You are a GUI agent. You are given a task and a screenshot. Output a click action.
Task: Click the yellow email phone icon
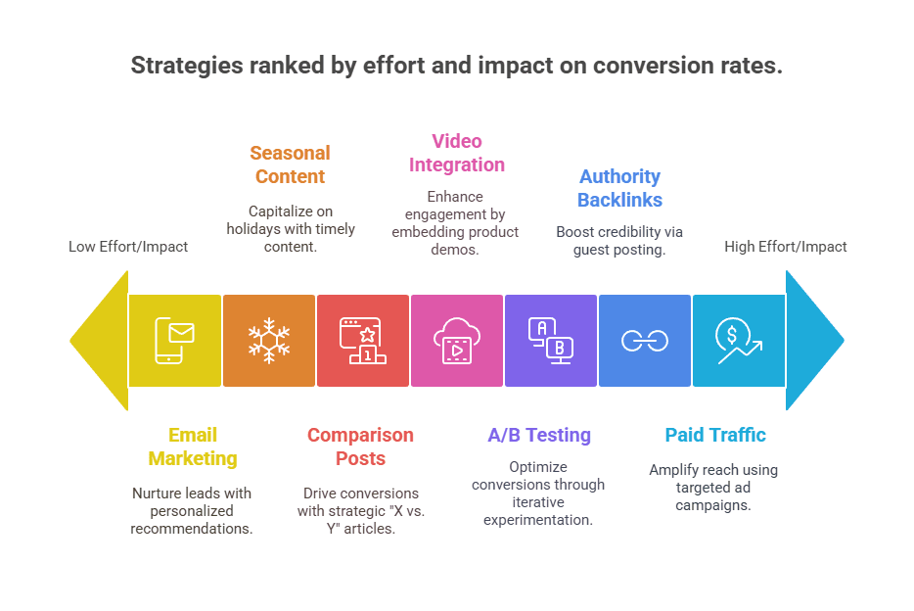click(174, 341)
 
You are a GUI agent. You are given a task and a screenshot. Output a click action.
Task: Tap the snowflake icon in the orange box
click(268, 341)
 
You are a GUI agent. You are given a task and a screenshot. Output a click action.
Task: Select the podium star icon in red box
click(362, 341)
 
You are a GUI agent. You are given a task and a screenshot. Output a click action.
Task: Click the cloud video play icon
click(456, 341)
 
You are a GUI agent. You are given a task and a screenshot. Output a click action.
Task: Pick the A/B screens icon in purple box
click(550, 341)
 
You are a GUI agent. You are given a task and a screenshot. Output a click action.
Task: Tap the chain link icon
click(644, 341)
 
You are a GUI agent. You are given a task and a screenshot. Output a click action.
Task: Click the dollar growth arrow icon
click(739, 341)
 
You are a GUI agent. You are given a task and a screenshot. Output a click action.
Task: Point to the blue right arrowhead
click(813, 341)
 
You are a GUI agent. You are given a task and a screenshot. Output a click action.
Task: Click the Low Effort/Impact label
click(128, 247)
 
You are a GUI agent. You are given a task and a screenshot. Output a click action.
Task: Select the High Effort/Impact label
click(786, 247)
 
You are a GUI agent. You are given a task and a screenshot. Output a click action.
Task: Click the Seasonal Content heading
click(290, 164)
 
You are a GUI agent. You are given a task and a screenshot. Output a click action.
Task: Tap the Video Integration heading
click(457, 153)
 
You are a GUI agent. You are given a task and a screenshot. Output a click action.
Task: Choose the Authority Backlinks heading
click(619, 188)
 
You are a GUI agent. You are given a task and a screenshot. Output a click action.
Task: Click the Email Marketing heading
click(193, 446)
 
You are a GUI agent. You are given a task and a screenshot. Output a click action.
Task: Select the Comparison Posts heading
click(360, 446)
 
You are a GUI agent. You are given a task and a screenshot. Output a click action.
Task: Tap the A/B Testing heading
click(539, 435)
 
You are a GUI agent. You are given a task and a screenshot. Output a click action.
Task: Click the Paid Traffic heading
click(715, 435)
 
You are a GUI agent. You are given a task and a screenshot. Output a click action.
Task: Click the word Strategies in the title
click(184, 66)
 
